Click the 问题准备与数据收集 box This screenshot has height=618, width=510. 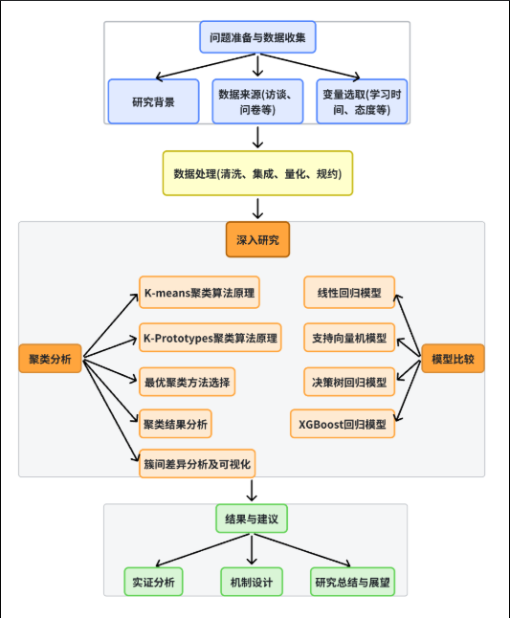257,39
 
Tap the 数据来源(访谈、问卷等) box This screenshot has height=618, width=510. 257,101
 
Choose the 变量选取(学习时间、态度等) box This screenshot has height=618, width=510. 361,101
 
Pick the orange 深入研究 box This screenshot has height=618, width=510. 257,239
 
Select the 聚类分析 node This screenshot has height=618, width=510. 51,359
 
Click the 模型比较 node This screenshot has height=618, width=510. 453,359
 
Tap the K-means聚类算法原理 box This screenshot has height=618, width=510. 199,293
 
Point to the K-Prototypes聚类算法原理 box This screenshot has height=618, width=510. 210,338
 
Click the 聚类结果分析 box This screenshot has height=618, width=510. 175,422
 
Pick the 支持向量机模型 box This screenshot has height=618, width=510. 349,338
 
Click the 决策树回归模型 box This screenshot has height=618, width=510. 349,382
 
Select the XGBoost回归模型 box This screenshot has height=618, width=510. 343,422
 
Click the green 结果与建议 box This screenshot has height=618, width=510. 251,519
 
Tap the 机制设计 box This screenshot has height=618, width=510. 252,582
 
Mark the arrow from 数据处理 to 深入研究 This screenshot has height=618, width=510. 257,209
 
